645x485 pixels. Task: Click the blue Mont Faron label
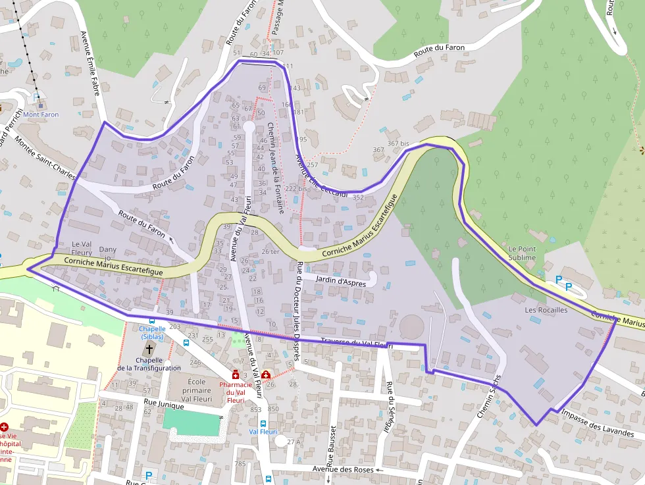(x=41, y=115)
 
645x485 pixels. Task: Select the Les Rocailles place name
(x=546, y=309)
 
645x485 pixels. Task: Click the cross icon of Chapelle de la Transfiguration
(x=149, y=349)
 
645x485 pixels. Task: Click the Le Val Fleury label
(x=82, y=247)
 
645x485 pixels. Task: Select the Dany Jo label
(x=107, y=253)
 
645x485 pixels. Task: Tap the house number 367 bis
(x=398, y=143)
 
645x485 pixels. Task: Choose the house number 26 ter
(x=270, y=251)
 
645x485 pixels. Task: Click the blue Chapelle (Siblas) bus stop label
(x=152, y=332)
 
